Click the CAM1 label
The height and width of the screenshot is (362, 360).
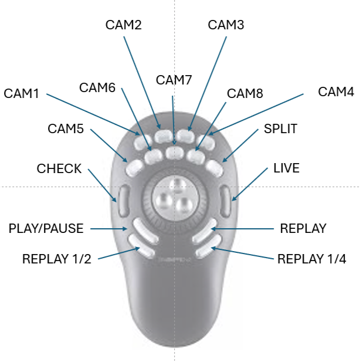(21, 93)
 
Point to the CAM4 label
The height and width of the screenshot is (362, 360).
(336, 92)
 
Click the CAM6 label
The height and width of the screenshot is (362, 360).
(97, 87)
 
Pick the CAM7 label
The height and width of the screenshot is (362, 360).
(174, 80)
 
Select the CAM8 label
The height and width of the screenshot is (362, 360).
(245, 93)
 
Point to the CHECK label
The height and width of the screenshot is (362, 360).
(59, 169)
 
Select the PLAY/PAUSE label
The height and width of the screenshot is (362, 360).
(46, 228)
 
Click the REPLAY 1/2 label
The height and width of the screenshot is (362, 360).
(56, 259)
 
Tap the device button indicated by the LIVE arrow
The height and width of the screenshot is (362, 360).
(227, 200)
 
